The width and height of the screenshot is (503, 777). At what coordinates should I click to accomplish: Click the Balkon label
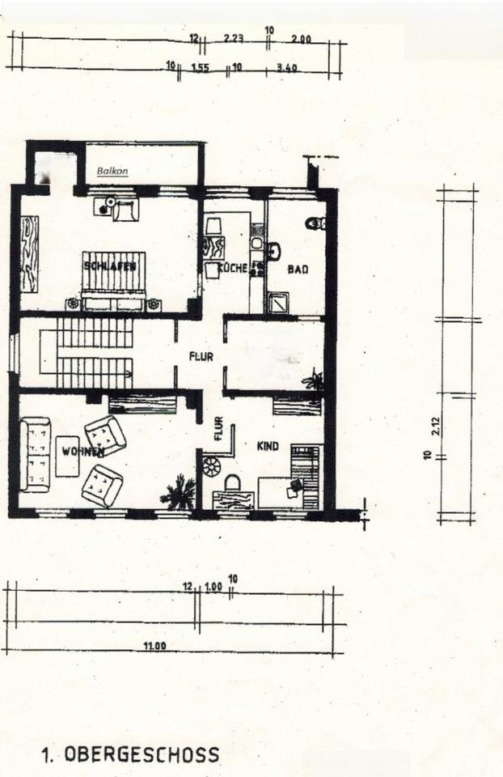coord(112,172)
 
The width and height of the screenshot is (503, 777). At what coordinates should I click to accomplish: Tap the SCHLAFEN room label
coord(113,265)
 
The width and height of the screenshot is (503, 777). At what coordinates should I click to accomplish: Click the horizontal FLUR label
coord(201,355)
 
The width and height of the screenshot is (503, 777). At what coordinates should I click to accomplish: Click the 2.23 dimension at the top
coord(234,38)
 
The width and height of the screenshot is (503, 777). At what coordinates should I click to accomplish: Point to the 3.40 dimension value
coord(287,68)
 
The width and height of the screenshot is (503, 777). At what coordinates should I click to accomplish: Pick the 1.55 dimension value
coord(201,68)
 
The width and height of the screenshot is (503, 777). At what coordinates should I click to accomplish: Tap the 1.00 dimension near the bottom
coord(213,586)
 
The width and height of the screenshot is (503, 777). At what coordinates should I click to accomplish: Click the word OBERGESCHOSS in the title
coord(141,755)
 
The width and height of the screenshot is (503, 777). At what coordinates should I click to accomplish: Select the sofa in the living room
coord(35,454)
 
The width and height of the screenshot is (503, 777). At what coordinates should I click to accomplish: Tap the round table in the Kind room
coord(212,466)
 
